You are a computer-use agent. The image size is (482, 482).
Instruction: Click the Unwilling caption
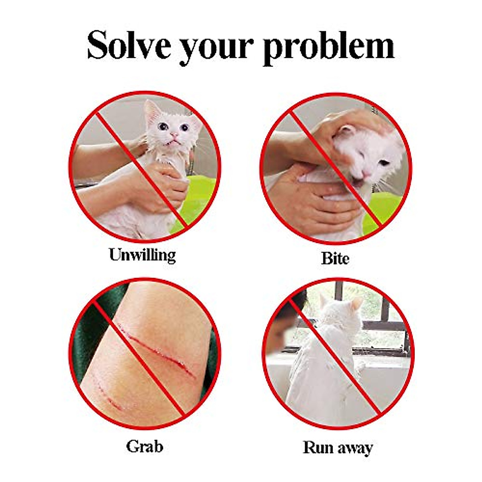click(x=142, y=255)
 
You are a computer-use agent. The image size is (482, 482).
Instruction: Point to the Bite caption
click(x=335, y=258)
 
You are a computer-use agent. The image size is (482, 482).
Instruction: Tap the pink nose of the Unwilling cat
click(x=174, y=135)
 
